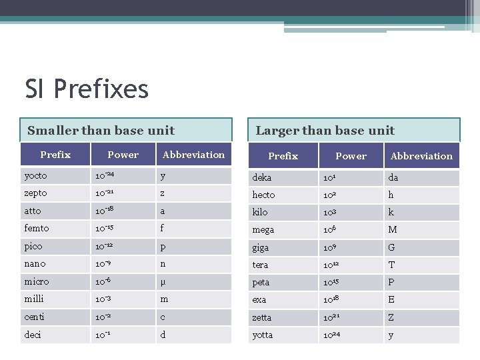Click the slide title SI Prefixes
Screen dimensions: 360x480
87,89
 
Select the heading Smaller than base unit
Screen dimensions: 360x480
101,131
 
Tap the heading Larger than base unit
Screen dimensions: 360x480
325,131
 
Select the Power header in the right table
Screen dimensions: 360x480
351,156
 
